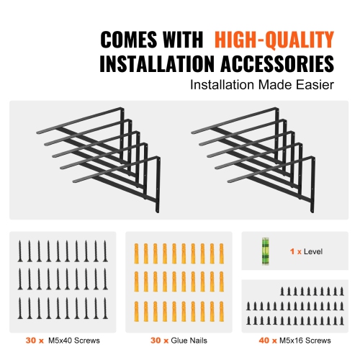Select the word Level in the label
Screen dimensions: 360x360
click(313, 252)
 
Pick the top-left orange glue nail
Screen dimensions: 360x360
click(136, 252)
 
